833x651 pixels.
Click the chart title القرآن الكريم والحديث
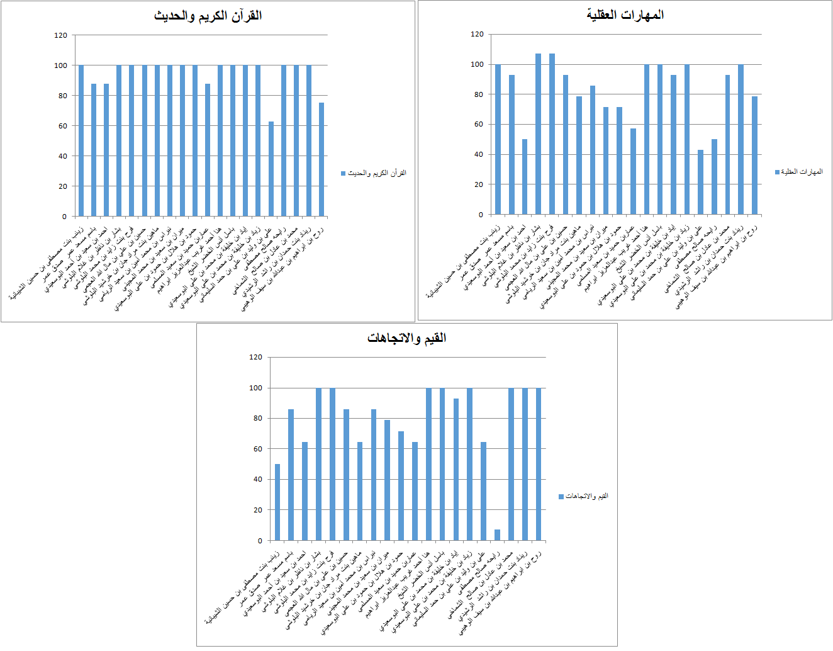tap(208, 16)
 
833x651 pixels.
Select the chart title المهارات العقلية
tap(625, 14)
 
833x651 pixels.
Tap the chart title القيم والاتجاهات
tap(406, 338)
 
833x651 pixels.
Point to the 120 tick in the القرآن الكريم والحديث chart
tap(60, 35)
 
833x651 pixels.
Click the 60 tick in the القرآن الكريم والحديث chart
tap(62, 126)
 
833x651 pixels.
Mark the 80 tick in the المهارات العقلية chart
tap(478, 94)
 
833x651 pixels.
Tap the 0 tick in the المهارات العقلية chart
tap(481, 215)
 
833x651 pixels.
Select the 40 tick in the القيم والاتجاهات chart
tap(257, 480)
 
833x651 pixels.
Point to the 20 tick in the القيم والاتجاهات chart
tap(257, 510)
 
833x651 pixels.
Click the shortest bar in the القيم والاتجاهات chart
tap(497, 535)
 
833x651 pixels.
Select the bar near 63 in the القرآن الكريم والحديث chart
tap(271, 169)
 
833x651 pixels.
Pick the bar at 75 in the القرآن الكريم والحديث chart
tap(321, 160)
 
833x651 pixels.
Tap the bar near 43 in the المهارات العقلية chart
tap(701, 183)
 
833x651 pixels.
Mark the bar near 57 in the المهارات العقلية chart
tap(633, 171)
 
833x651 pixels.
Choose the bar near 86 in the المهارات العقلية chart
tap(593, 150)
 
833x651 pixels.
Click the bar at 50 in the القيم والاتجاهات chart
tap(277, 502)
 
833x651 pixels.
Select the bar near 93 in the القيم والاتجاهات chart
tap(456, 470)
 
